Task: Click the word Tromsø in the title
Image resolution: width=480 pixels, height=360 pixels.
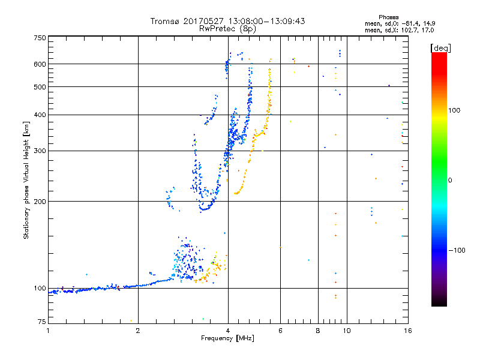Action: click(165, 21)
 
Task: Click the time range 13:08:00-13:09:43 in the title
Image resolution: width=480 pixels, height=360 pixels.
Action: click(266, 21)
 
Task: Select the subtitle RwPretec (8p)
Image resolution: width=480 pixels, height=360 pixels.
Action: click(228, 29)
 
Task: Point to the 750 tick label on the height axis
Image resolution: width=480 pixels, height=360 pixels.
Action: click(40, 38)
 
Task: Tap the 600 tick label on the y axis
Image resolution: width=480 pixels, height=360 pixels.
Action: click(40, 64)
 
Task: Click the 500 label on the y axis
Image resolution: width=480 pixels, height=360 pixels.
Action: click(40, 87)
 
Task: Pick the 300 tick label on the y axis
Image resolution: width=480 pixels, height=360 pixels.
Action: click(40, 151)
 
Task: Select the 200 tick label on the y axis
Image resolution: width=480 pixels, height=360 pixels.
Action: click(40, 202)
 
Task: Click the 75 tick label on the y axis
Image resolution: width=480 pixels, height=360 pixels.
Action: click(42, 322)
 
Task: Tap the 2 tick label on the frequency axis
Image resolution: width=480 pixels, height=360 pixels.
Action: click(138, 331)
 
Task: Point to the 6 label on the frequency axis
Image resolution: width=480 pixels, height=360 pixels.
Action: click(280, 331)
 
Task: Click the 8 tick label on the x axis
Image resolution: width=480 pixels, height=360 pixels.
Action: click(318, 331)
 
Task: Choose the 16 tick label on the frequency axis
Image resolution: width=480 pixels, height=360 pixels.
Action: click(408, 331)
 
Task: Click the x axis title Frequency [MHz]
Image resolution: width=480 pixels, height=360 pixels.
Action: click(227, 338)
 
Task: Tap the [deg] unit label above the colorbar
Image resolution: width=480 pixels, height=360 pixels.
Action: click(441, 48)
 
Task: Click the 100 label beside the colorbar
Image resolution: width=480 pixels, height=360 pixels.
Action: click(454, 110)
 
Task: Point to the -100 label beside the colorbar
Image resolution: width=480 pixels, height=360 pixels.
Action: click(457, 250)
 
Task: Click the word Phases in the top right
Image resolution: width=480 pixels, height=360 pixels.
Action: click(389, 17)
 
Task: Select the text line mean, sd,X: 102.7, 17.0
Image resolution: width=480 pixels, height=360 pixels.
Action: click(400, 31)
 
